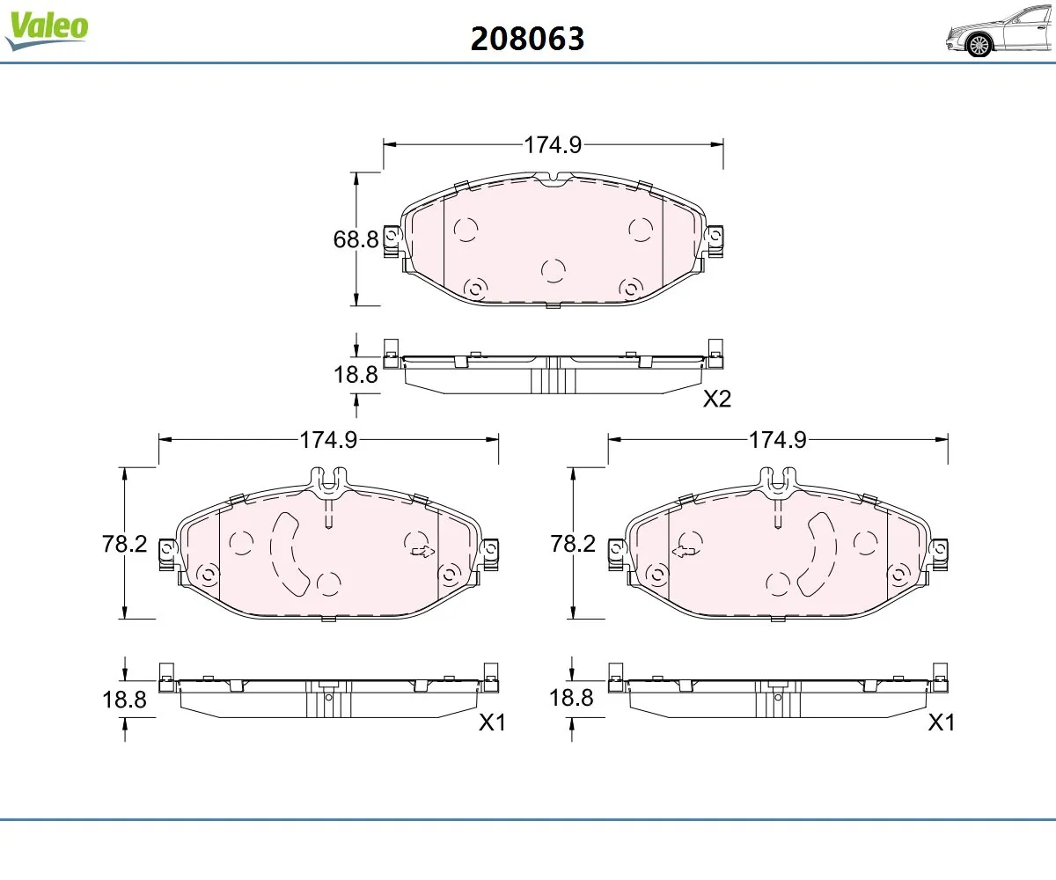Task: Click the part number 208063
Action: pyautogui.click(x=527, y=38)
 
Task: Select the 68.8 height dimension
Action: pyautogui.click(x=356, y=238)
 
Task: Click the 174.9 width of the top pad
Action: pyautogui.click(x=553, y=145)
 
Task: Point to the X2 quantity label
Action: pyautogui.click(x=717, y=399)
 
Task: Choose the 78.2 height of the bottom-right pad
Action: pyautogui.click(x=574, y=544)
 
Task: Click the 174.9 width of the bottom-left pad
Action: pyautogui.click(x=328, y=440)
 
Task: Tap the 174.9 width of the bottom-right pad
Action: pyautogui.click(x=777, y=440)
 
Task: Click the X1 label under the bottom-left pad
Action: pyautogui.click(x=493, y=722)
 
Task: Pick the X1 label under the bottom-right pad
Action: pyautogui.click(x=942, y=722)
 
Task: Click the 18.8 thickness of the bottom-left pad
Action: pyautogui.click(x=125, y=700)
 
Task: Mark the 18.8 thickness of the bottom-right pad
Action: pyautogui.click(x=571, y=699)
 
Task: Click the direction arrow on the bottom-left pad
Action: pyautogui.click(x=422, y=553)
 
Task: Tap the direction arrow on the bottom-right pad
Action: pyautogui.click(x=684, y=553)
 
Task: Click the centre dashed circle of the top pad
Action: pyautogui.click(x=553, y=270)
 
